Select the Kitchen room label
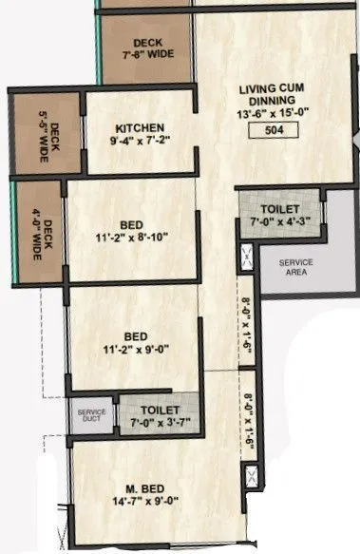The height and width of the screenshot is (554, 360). point(141,128)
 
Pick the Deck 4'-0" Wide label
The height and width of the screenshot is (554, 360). point(42,233)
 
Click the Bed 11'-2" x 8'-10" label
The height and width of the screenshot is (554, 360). point(132,232)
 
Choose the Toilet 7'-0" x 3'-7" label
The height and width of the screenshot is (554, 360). point(161,416)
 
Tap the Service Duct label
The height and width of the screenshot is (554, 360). point(91,415)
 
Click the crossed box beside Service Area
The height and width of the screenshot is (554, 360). point(247,254)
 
